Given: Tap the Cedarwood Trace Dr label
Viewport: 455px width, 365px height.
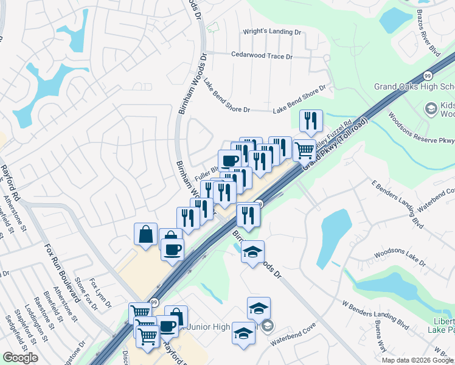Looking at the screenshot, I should click(262, 55).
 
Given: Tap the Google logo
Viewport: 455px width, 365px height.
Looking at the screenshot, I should click(20, 358).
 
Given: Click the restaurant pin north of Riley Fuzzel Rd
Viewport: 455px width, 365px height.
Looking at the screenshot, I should click(311, 121).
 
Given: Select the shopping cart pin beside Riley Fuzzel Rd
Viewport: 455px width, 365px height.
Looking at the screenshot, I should click(304, 149).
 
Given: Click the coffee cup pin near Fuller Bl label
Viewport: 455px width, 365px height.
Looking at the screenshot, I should click(229, 161).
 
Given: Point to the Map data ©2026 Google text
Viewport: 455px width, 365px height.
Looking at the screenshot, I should click(417, 360).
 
